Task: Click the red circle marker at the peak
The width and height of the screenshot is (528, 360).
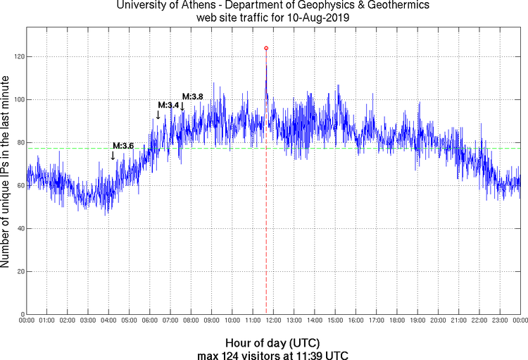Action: [x=266, y=48]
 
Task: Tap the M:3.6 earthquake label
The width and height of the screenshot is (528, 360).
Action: [x=123, y=146]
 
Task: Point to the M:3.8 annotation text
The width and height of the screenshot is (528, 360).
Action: [x=193, y=97]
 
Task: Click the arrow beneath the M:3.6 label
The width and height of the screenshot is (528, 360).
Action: [x=113, y=156]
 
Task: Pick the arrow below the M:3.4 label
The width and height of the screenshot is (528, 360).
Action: [x=158, y=115]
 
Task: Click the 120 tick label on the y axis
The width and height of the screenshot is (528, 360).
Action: [x=16, y=56]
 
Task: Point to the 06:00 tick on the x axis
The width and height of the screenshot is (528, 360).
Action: [x=149, y=321]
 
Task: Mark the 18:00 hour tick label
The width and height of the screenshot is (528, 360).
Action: [x=396, y=321]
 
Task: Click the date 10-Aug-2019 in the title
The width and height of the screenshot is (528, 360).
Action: [x=317, y=18]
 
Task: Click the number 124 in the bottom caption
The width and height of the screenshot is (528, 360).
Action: [x=228, y=354]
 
